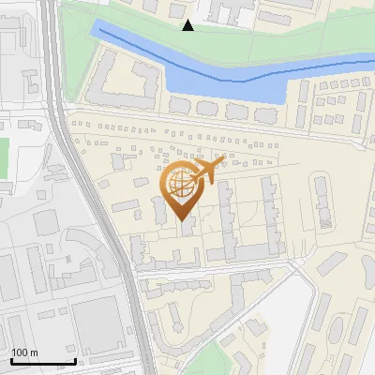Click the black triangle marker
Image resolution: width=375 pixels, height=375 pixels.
pyautogui.click(x=188, y=25)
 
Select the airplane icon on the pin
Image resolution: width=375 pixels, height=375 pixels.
pyautogui.click(x=208, y=170)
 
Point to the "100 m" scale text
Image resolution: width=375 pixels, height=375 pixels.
pyautogui.click(x=24, y=352)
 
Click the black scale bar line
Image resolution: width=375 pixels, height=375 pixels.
pyautogui.click(x=42, y=361)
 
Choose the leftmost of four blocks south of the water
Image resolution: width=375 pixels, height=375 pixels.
pyautogui.click(x=179, y=108)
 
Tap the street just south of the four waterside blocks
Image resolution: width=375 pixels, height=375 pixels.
pyautogui.click(x=225, y=126)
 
